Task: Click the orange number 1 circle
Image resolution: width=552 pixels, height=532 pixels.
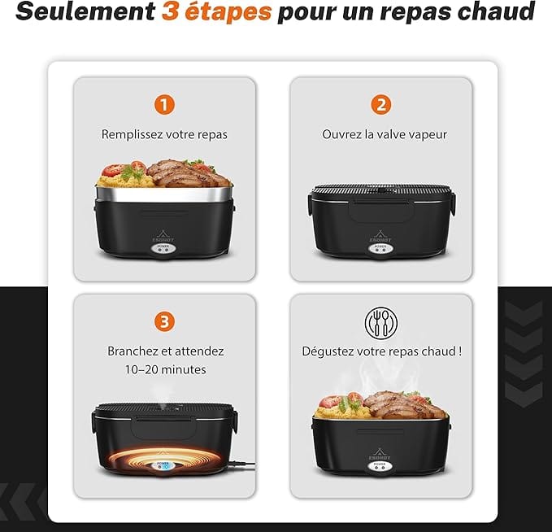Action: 164,105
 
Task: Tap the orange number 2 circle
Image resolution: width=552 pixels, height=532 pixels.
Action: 381,105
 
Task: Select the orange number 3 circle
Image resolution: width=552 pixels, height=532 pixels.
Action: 164,321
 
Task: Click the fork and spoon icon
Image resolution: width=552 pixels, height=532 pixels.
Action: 381,323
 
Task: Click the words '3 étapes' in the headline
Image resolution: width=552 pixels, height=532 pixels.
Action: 216,11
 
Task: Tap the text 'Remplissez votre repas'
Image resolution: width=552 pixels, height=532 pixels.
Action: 164,134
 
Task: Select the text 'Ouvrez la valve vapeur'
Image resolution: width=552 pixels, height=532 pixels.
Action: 385,134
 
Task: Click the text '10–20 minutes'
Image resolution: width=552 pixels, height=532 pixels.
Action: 166,369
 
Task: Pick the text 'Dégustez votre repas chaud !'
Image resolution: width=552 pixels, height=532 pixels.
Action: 381,351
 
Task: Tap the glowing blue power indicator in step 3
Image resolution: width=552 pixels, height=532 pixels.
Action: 163,466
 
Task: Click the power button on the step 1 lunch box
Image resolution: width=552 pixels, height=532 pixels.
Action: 163,248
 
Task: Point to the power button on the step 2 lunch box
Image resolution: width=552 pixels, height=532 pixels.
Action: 380,248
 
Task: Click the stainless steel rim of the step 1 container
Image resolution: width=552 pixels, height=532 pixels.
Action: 163,194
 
